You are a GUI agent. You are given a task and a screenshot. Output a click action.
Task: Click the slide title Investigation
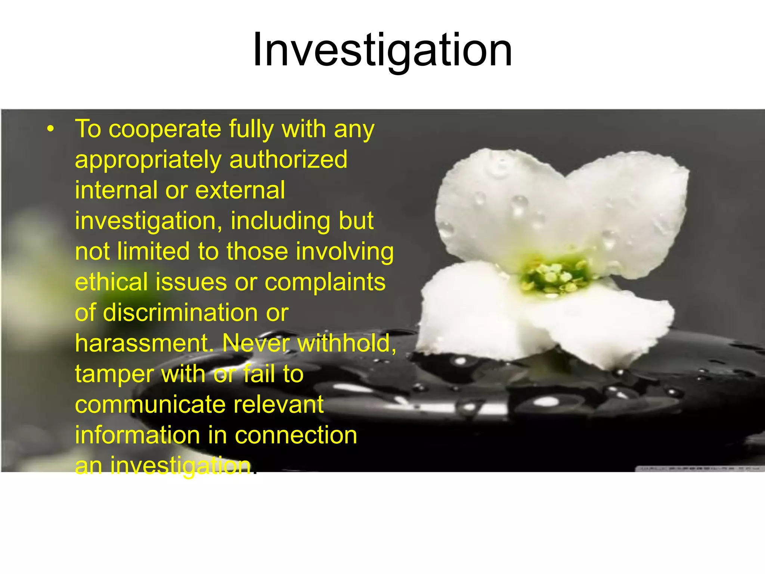382,50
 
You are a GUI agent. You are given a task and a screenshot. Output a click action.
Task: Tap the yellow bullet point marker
51,129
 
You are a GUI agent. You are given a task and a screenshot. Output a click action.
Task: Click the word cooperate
165,129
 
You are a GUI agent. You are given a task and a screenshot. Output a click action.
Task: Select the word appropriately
148,160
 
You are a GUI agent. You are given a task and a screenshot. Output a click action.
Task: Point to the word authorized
288,160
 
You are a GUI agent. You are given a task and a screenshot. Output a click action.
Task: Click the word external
240,190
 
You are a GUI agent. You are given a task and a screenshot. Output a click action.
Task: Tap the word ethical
111,282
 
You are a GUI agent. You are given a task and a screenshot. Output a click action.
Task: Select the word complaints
325,282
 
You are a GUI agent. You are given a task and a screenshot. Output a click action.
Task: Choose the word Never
256,343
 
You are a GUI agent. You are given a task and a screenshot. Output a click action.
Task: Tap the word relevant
279,404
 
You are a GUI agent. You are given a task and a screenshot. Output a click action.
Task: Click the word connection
296,435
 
